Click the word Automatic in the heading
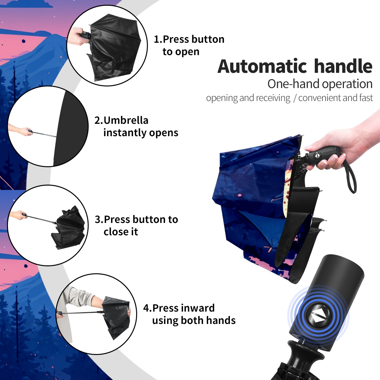coord(262,66)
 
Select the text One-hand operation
coord(320,84)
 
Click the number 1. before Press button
coord(158,39)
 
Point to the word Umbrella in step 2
coord(126,120)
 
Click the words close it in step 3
coord(121,232)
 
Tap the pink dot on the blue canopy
coord(240,195)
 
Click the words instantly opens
coord(141,133)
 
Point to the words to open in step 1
coord(181,52)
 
